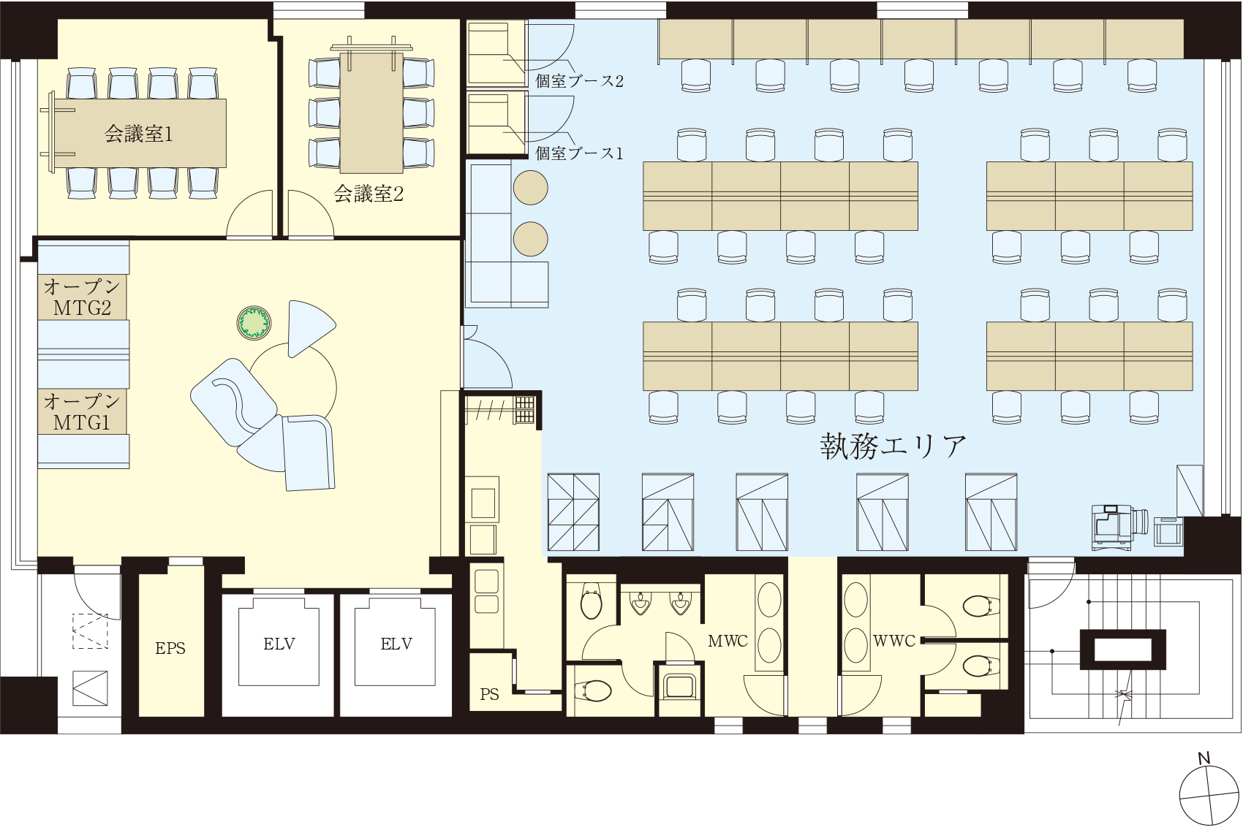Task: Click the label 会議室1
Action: (139, 134)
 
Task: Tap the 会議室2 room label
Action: (369, 194)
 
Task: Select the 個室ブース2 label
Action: (579, 80)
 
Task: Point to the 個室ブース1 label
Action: (579, 153)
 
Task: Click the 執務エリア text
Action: (893, 446)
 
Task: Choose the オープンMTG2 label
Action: (82, 297)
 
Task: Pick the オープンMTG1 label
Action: (82, 411)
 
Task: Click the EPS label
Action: (170, 648)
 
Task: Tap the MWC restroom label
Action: (728, 641)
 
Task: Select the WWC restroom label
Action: (893, 641)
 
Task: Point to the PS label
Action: (489, 694)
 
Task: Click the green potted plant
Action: (254, 322)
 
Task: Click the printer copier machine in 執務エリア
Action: (1113, 526)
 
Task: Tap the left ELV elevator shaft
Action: (279, 644)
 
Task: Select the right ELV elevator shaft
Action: (396, 644)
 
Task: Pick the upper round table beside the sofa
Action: (530, 188)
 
